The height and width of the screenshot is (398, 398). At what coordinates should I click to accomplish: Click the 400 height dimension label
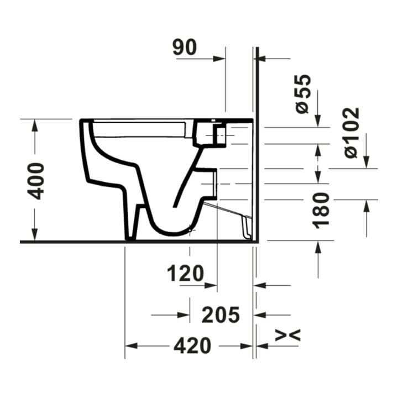click(x=36, y=181)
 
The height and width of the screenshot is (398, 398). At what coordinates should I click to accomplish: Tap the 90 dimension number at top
click(x=185, y=47)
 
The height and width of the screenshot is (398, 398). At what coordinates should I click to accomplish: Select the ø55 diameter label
click(x=303, y=94)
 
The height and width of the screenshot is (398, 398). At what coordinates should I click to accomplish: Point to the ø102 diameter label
click(x=352, y=133)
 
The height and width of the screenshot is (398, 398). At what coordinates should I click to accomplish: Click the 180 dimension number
click(x=321, y=211)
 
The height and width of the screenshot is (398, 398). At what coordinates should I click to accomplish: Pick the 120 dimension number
click(x=185, y=274)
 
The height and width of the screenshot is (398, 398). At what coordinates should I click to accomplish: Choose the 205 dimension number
click(x=221, y=315)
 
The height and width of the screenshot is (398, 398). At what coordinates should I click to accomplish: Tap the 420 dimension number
click(x=192, y=345)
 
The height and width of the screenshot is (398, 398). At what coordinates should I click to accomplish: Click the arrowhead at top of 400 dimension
click(x=34, y=125)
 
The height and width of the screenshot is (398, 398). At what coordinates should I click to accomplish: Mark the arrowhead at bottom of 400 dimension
click(x=34, y=234)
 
